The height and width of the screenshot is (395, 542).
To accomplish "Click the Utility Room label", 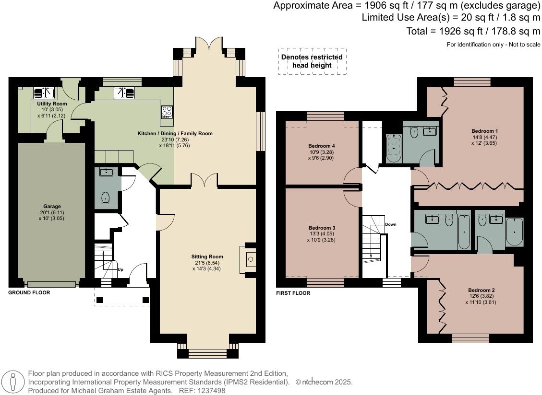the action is pos(52,104).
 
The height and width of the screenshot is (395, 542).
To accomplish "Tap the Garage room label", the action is pos(52,207).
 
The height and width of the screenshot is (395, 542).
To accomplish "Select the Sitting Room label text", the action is pos(207,256).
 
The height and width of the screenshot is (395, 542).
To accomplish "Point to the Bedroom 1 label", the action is pos(484,131).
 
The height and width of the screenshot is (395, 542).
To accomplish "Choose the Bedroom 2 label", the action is pos(482,290).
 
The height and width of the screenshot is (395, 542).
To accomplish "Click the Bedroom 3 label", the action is pos(322,228).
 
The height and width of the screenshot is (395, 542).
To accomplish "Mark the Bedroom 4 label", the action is pos(322,146).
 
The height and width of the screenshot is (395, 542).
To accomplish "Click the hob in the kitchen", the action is pos(167,111).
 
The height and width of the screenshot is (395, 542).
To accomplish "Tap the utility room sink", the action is pos(44,93).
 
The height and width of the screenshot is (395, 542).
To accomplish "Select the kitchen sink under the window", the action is pos(124,93).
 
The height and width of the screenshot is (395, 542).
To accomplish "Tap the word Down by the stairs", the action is pos(391,224).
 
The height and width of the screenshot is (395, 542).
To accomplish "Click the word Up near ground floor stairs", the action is pos(120,269).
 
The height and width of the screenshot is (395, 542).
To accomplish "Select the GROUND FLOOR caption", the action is pos(29,292).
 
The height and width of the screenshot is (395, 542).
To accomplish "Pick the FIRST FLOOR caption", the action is pos(293,293).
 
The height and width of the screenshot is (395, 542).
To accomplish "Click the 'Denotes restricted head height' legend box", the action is pos(312,61).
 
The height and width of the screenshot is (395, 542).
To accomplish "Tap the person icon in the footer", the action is pos(13,383).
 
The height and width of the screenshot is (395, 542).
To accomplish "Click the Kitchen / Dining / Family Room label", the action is pos(175,133).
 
